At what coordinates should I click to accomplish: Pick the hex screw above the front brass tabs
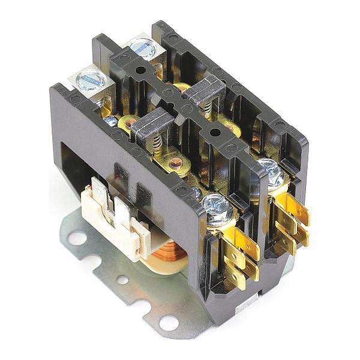pyautogui.click(x=213, y=205)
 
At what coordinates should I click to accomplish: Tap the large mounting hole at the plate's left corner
pyautogui.click(x=77, y=238)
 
